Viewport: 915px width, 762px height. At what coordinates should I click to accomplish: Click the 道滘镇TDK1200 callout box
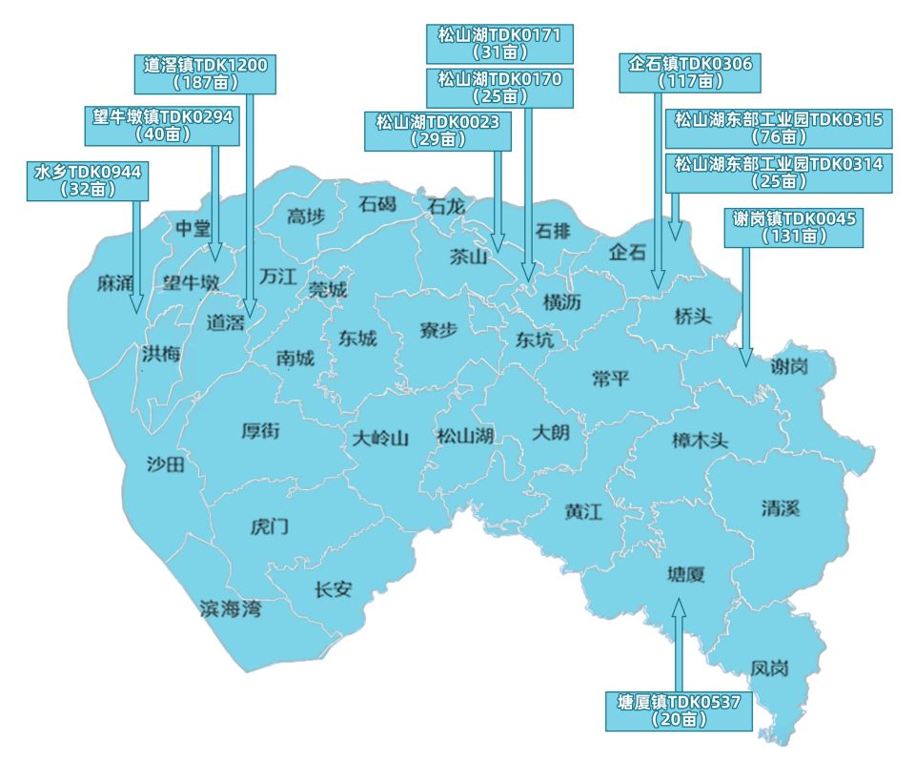(x=206, y=73)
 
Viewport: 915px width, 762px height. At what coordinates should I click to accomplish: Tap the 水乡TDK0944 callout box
(x=88, y=180)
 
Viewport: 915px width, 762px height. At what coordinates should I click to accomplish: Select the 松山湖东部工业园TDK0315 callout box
(x=778, y=128)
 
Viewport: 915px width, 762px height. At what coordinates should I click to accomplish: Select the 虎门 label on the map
(x=269, y=526)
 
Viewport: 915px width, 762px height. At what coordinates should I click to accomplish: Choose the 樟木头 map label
(x=700, y=441)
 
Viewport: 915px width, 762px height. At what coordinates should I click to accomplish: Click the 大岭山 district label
(x=380, y=439)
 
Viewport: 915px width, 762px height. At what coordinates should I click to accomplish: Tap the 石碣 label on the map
(x=376, y=203)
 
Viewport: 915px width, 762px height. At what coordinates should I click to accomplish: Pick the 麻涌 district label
(x=115, y=283)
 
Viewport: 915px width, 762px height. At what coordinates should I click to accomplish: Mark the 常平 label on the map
(x=610, y=378)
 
